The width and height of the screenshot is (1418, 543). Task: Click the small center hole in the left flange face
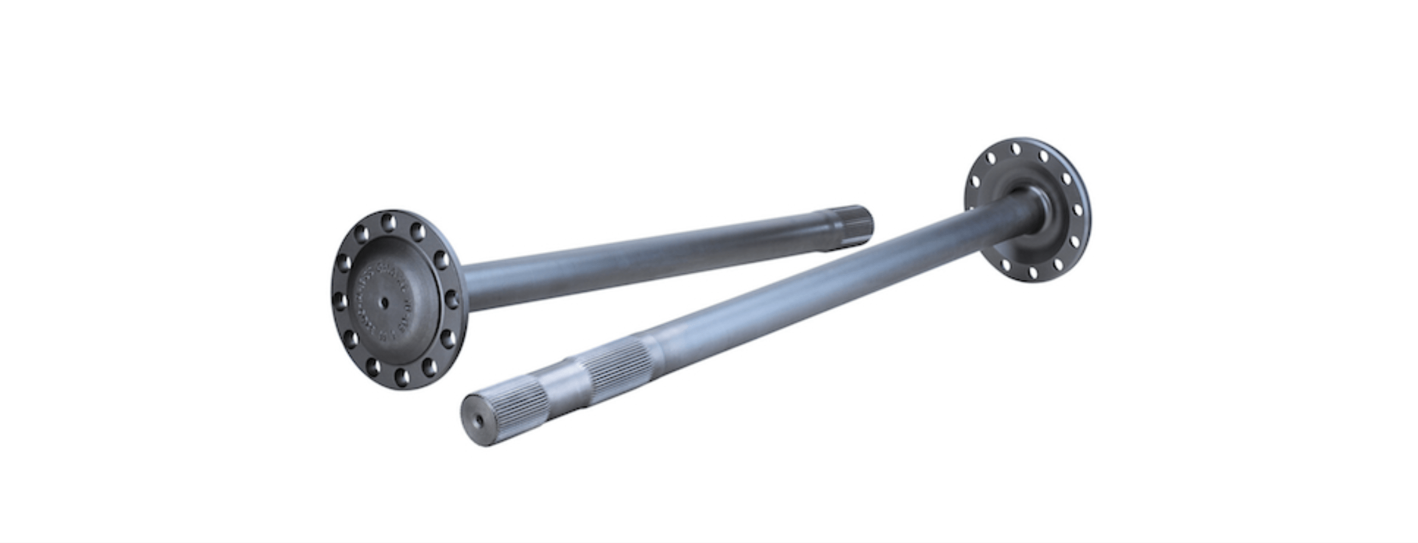coord(386,301)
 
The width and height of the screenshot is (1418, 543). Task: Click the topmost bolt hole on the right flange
coord(1015,149)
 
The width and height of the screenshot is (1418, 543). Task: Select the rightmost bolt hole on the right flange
coord(1078,211)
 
